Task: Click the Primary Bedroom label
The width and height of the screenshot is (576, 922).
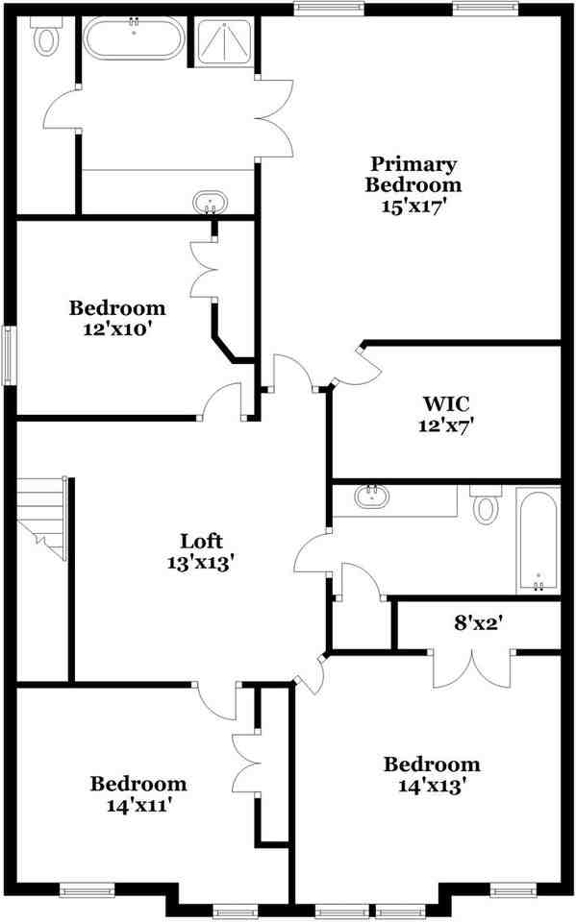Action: pyautogui.click(x=415, y=174)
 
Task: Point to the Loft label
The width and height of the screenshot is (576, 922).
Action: pyautogui.click(x=203, y=541)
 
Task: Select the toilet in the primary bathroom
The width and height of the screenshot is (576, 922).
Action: pyautogui.click(x=45, y=39)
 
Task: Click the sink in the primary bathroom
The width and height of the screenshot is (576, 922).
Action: pyautogui.click(x=210, y=203)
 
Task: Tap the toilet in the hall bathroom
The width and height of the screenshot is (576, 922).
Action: pyautogui.click(x=487, y=505)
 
